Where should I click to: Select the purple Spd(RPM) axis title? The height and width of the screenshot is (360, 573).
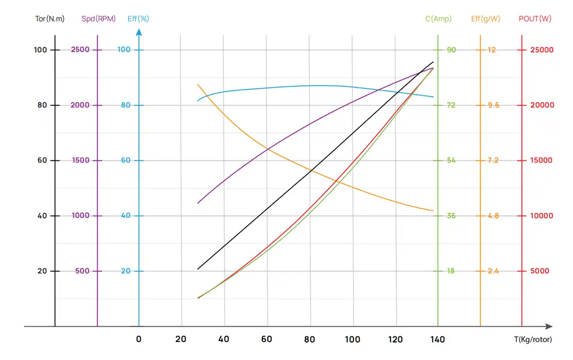click(98, 19)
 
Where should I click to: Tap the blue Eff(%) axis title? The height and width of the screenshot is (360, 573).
click(138, 19)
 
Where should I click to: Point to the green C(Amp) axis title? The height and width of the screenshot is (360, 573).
click(438, 19)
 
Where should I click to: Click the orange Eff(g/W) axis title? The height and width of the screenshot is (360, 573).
click(486, 19)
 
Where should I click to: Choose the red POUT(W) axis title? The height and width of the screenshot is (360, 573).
click(535, 19)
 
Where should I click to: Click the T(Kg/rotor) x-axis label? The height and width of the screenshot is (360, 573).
click(533, 339)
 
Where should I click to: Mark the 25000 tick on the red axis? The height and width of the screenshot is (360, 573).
click(542, 50)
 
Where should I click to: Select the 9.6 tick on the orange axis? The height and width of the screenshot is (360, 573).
click(493, 105)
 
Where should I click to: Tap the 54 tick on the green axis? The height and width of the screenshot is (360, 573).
click(451, 160)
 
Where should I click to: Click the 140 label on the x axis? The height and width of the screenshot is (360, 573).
click(438, 339)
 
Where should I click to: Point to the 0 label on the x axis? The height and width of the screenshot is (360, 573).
click(139, 339)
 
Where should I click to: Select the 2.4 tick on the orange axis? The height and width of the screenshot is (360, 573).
click(493, 271)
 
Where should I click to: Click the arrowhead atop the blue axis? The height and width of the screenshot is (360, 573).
click(139, 31)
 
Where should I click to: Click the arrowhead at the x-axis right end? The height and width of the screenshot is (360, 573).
click(549, 326)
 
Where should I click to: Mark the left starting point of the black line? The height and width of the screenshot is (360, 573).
click(198, 269)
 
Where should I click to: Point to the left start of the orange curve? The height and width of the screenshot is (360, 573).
click(198, 84)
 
